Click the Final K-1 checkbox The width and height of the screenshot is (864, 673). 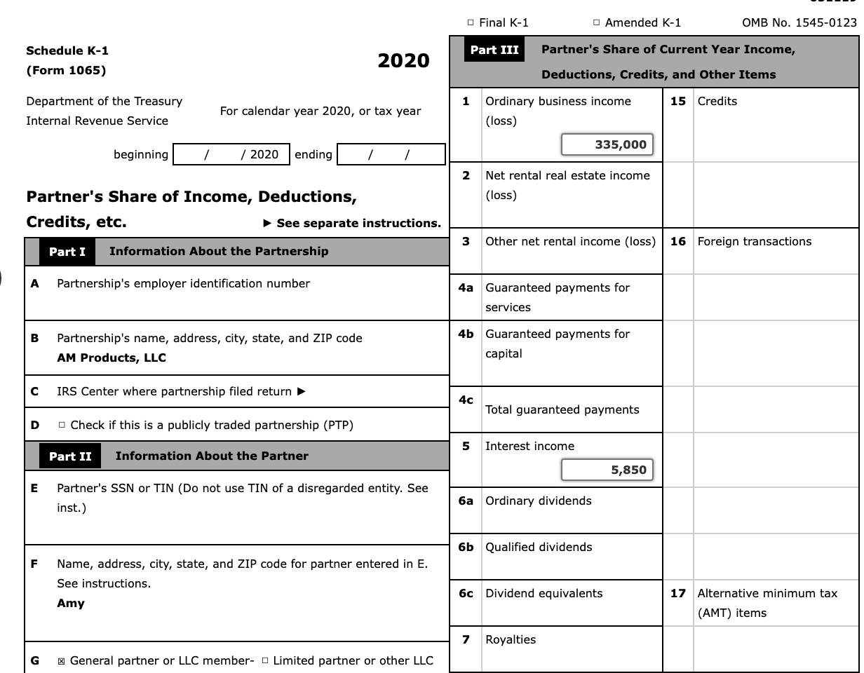(471, 23)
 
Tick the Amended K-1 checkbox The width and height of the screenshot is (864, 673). (596, 23)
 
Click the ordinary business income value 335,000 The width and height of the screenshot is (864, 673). (607, 144)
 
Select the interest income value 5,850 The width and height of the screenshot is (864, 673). (607, 470)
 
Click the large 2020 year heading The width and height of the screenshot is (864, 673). (403, 61)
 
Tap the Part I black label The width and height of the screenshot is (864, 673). (67, 252)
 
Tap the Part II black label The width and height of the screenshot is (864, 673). (70, 456)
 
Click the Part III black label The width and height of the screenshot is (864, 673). (494, 50)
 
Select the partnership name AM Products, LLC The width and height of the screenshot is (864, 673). (112, 358)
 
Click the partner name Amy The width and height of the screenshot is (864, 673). (71, 603)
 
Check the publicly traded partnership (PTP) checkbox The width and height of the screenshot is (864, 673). (62, 426)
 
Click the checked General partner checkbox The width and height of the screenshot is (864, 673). (62, 661)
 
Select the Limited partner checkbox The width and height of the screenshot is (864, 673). (264, 661)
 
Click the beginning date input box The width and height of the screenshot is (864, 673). (231, 154)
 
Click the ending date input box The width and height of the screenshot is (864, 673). (391, 154)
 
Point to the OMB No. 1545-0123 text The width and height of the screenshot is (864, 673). (799, 23)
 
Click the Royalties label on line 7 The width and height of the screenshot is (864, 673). (511, 639)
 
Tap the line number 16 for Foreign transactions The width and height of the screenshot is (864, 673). (677, 242)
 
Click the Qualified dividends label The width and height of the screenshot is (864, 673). (539, 547)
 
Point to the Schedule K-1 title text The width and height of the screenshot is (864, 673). (67, 50)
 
